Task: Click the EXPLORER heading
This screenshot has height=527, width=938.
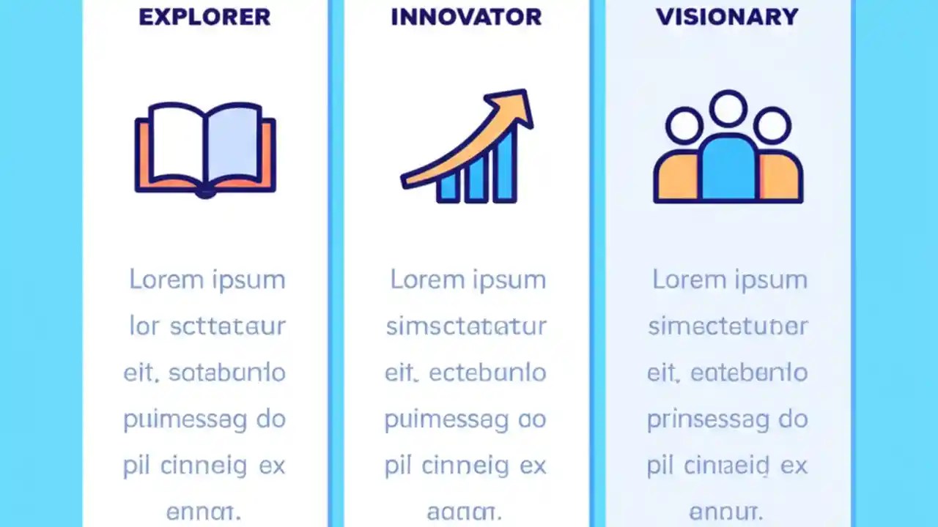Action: (204, 17)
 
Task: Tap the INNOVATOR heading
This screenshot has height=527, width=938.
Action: (466, 17)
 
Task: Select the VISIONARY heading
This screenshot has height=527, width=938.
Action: (727, 17)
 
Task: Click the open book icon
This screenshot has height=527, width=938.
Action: (205, 150)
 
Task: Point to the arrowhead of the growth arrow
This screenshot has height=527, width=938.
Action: (517, 107)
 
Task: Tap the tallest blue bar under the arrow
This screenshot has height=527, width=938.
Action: (505, 166)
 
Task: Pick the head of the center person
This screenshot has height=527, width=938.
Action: (728, 108)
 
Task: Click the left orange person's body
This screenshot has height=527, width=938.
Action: (676, 179)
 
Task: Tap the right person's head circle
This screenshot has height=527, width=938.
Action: (772, 125)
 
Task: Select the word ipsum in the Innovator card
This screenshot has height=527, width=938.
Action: (508, 280)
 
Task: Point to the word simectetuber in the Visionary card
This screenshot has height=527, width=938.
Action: (728, 326)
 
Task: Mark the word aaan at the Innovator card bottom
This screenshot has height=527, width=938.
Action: (465, 512)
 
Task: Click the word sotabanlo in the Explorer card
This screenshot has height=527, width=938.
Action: (227, 373)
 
